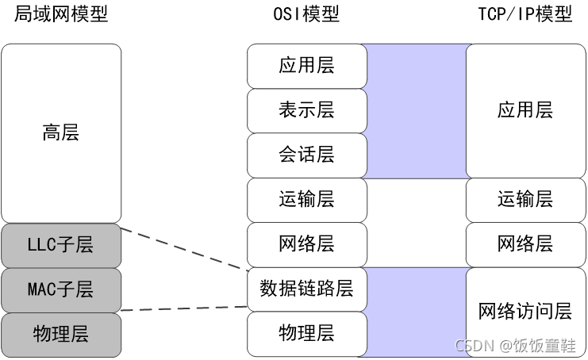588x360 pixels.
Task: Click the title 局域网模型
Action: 61,15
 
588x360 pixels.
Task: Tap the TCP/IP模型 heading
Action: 525,15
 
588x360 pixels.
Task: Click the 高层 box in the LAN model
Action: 61,132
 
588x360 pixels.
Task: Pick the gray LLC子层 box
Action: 61,245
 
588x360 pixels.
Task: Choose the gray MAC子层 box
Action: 61,289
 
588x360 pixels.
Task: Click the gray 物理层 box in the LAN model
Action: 61,334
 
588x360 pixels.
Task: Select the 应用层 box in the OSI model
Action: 306,66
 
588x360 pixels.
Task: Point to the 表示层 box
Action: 306,110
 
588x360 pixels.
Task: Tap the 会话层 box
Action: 306,155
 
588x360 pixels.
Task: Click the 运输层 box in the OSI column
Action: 306,200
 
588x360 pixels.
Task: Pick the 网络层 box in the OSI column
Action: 306,244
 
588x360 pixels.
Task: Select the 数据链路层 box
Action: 306,289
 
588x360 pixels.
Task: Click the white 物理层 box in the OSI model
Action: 306,333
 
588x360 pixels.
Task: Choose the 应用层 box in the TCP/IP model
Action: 525,110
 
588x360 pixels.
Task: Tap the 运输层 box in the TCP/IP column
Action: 525,200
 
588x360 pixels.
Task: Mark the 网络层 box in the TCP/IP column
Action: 525,244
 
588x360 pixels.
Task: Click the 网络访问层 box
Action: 525,312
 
